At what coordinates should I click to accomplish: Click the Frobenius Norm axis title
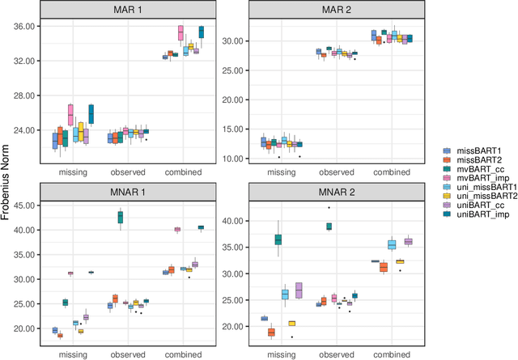(7, 180)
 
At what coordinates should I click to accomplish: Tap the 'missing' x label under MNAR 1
(73, 354)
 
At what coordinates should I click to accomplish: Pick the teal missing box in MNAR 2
(278, 239)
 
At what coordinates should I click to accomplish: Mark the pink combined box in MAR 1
(180, 33)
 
